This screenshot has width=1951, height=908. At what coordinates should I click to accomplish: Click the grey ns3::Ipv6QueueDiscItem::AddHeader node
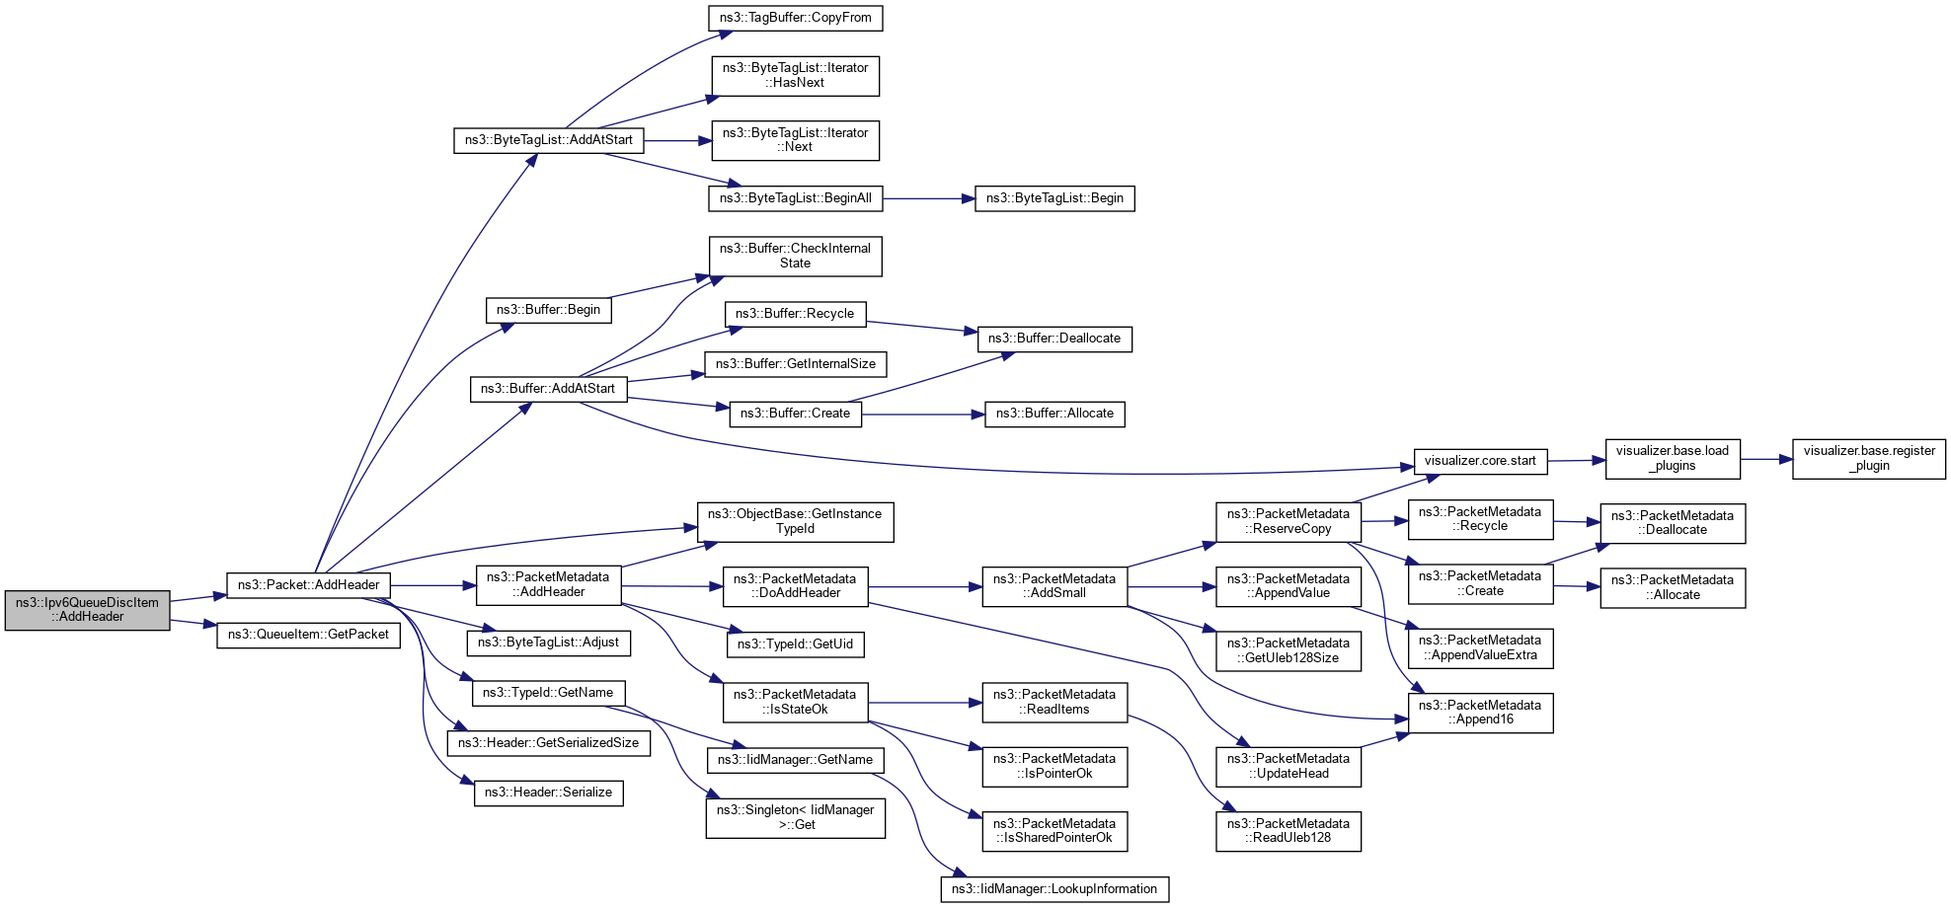tap(87, 610)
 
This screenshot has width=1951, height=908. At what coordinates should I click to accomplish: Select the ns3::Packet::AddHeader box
tap(308, 585)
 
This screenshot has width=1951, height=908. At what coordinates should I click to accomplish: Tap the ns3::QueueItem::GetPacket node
tap(308, 635)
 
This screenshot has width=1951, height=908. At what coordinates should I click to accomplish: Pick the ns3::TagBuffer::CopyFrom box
tap(795, 18)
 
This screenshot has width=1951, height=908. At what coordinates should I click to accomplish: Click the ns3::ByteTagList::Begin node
tap(1054, 198)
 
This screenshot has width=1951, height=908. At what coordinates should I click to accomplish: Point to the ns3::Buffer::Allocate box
tap(1054, 414)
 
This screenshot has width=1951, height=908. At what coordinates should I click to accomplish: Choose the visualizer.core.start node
tap(1480, 461)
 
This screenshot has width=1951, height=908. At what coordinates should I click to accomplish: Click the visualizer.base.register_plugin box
tap(1869, 459)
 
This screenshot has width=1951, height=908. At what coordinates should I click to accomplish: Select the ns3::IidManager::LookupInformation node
tap(1054, 889)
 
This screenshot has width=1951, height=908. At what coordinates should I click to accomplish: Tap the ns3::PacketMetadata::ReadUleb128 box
tap(1288, 831)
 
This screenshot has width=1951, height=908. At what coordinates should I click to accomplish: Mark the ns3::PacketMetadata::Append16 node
tap(1480, 713)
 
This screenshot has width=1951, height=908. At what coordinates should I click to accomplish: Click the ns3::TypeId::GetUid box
tap(795, 644)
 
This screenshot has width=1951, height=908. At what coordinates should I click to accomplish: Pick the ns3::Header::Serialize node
tap(548, 793)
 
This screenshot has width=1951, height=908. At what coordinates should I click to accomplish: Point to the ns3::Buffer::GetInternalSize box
tap(795, 364)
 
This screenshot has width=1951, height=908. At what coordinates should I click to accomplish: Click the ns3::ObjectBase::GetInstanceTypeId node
tap(795, 521)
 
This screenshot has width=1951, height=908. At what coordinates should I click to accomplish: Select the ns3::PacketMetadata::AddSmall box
tap(1054, 586)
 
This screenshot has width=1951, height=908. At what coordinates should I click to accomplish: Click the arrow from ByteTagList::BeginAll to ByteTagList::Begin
tap(928, 198)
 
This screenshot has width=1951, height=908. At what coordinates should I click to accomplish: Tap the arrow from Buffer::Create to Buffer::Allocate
tap(923, 415)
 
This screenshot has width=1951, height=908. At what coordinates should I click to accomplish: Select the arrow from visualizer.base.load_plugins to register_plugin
tap(1766, 459)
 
